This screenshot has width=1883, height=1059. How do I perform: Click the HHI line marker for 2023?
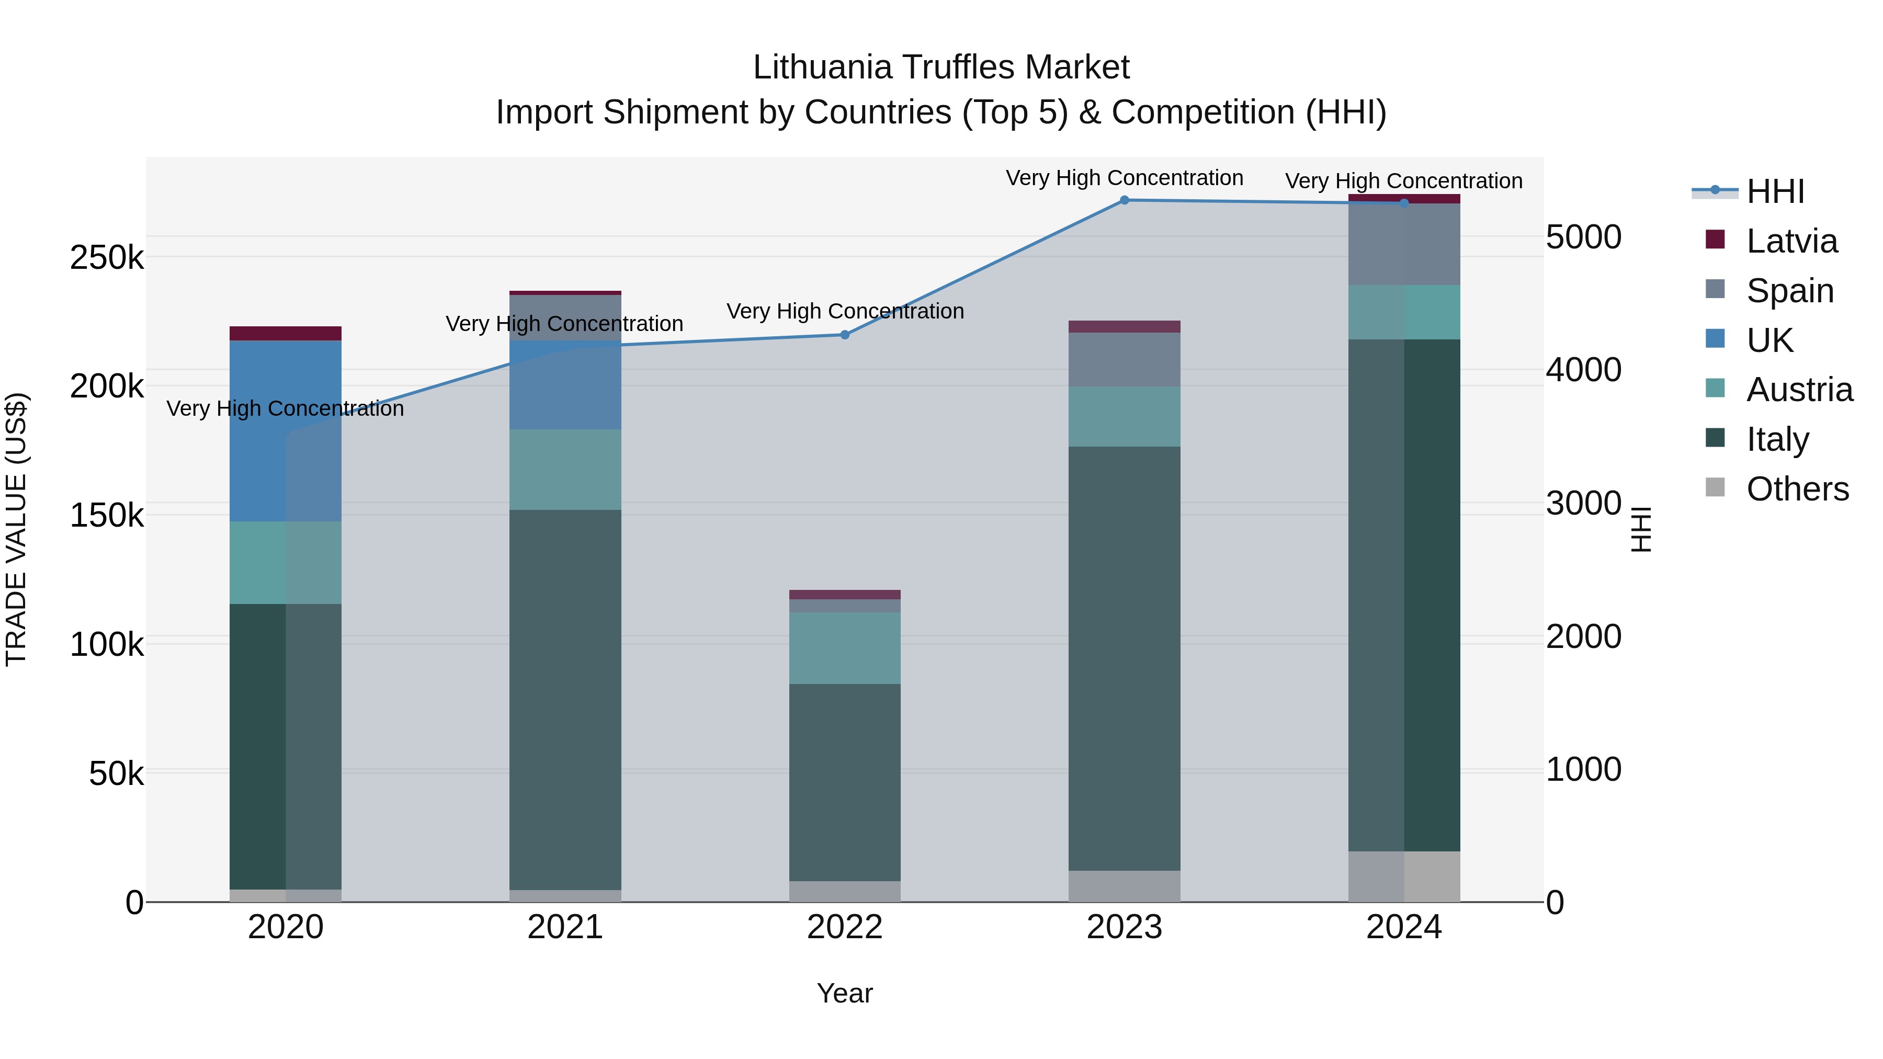pyautogui.click(x=1124, y=200)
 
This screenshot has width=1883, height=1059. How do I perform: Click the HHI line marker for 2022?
pyautogui.click(x=845, y=335)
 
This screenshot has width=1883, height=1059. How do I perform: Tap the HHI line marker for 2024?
pyautogui.click(x=1403, y=203)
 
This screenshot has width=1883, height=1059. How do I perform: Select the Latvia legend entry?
pyautogui.click(x=1791, y=241)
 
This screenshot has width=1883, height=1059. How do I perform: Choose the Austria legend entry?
pyautogui.click(x=1799, y=390)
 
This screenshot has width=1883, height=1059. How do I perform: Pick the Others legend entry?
pyautogui.click(x=1797, y=489)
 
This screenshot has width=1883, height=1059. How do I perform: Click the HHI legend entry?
pyautogui.click(x=1775, y=191)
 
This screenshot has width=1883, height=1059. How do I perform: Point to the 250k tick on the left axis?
pyautogui.click(x=107, y=258)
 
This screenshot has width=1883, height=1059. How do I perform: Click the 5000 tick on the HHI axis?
pyautogui.click(x=1583, y=237)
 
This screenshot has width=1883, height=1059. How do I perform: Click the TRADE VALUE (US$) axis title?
pyautogui.click(x=16, y=529)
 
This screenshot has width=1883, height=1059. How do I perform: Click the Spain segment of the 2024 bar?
pyautogui.click(x=1403, y=245)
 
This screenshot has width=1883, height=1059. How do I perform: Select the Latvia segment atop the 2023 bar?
pyautogui.click(x=1124, y=327)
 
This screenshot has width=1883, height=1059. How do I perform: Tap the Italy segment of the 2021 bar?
pyautogui.click(x=565, y=699)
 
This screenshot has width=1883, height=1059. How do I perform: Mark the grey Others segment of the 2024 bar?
pyautogui.click(x=1403, y=876)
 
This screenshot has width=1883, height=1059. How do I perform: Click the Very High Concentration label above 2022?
pyautogui.click(x=845, y=311)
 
